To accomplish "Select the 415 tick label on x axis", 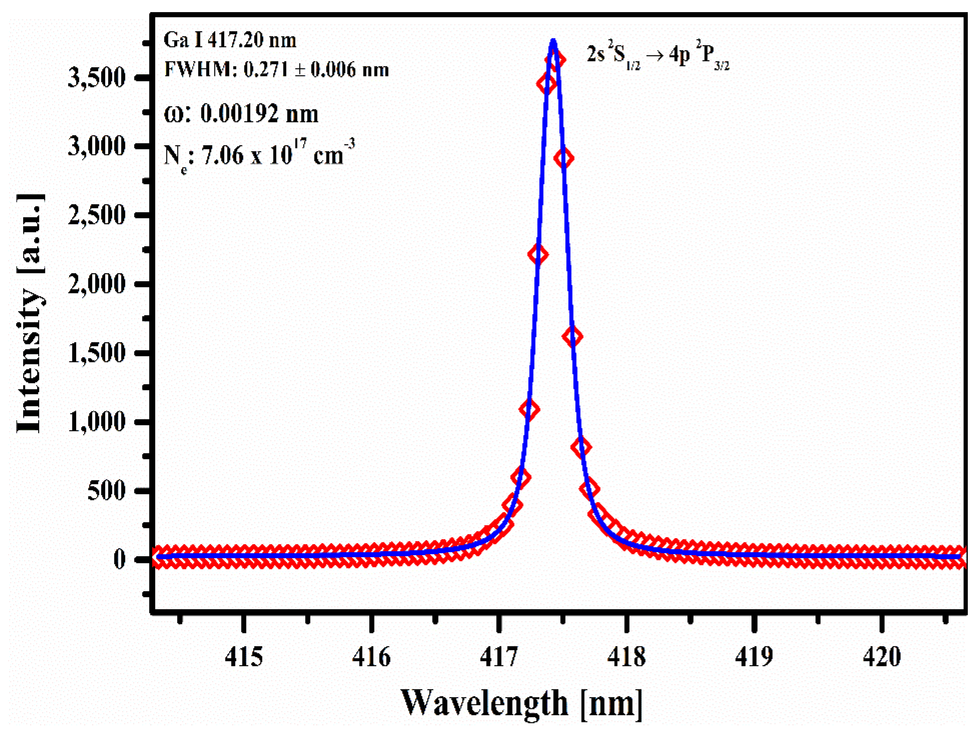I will pyautogui.click(x=244, y=657).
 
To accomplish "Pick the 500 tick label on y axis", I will pyautogui.click(x=106, y=490).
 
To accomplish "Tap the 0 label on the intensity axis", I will pyautogui.click(x=120, y=559).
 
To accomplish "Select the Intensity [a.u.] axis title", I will pyautogui.click(x=30, y=314).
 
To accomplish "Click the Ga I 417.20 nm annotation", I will pyautogui.click(x=230, y=40).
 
